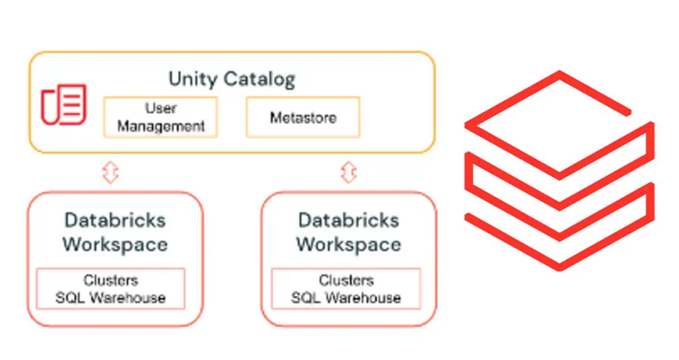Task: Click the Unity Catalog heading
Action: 232,79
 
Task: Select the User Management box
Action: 161,117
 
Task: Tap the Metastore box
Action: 303,117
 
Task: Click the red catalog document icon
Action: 64,105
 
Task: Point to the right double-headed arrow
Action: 349,172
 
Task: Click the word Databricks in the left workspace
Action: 115,220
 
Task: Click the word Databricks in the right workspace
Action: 349,220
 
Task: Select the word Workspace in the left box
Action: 115,245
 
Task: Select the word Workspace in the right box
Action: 349,245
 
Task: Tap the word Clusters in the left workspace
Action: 111,281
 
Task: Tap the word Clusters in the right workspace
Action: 346,281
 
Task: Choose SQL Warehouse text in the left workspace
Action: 111,297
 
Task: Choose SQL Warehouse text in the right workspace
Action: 346,297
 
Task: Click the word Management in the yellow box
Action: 161,126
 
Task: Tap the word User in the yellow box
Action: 161,109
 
